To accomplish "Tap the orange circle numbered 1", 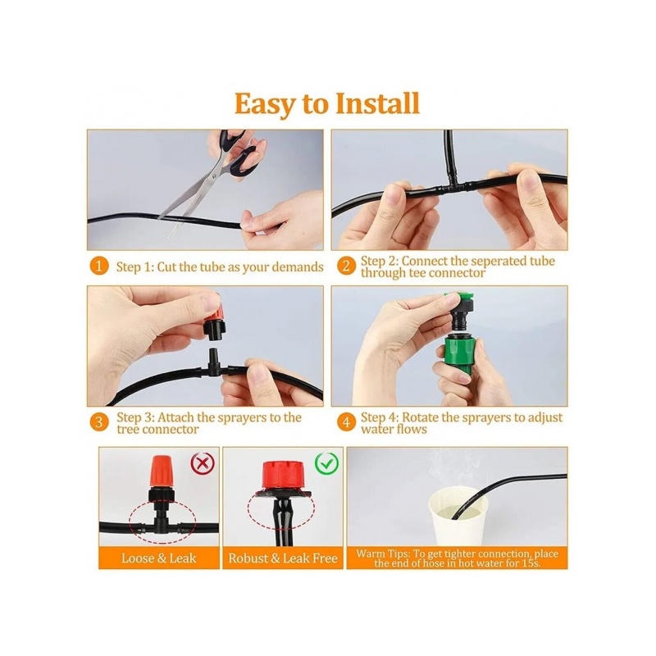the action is tap(98, 266).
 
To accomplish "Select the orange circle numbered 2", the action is tap(346, 266).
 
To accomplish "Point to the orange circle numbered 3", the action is tap(98, 421).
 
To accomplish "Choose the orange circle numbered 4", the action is tap(346, 422).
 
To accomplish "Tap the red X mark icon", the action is tap(203, 463).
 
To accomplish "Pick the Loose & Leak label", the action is tap(159, 558).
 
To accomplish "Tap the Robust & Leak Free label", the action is tap(283, 558).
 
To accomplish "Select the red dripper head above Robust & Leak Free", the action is tap(283, 474).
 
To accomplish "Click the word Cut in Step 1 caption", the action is tap(166, 267).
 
